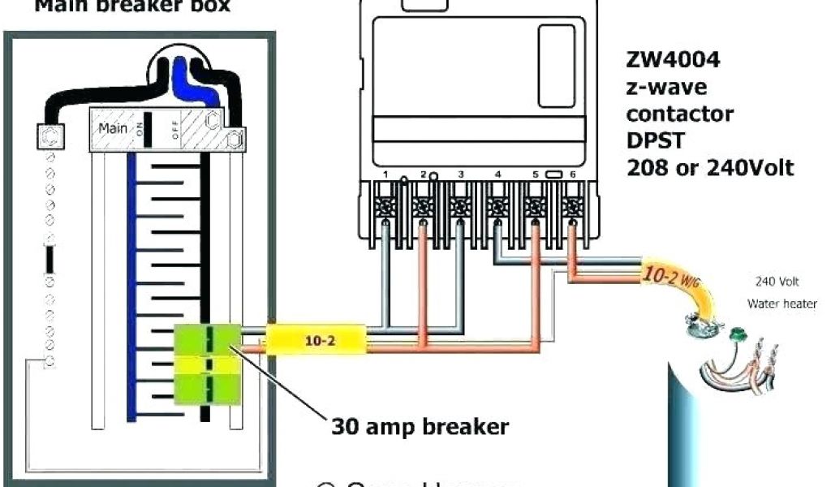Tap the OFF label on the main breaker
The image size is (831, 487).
(174, 130)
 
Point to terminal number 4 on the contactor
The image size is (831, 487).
(497, 174)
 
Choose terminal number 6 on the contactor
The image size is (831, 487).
(573, 174)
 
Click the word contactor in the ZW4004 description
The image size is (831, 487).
(679, 113)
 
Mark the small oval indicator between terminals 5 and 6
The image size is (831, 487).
(554, 174)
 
